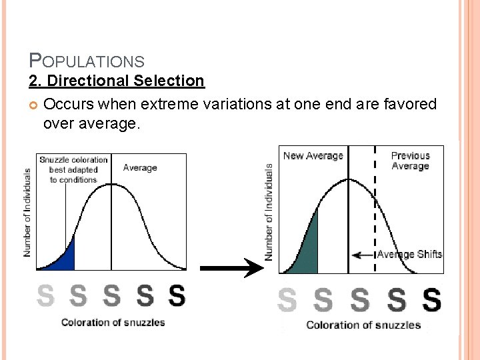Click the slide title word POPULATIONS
pos(87,61)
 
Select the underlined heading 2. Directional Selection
pos(117,81)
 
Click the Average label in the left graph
pos(140,168)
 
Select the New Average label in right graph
pos(313,156)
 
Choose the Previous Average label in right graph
pos(410,161)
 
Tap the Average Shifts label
pos(409,254)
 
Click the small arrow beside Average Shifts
pos(363,255)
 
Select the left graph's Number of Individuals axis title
pos(27,212)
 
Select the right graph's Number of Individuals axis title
pos(269,211)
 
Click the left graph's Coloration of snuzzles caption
pos(113,323)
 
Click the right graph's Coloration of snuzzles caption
pos(363,325)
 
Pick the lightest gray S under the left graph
pos(45,295)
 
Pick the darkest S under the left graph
pos(177,295)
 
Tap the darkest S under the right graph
pos(432,301)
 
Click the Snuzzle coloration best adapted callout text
pos(73,169)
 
